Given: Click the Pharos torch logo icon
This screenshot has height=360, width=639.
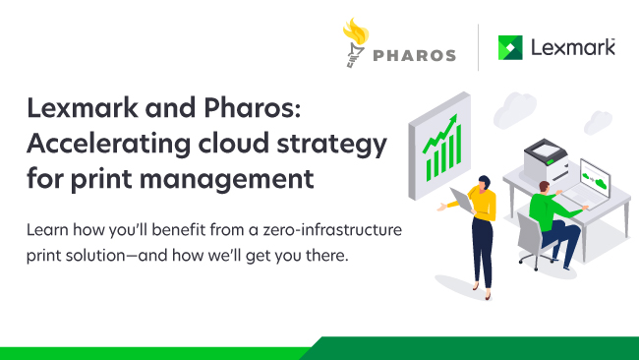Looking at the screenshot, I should click(x=356, y=44).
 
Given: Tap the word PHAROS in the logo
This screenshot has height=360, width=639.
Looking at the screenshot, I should click(x=416, y=55).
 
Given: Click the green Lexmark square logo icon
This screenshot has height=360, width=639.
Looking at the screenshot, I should click(x=511, y=47).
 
